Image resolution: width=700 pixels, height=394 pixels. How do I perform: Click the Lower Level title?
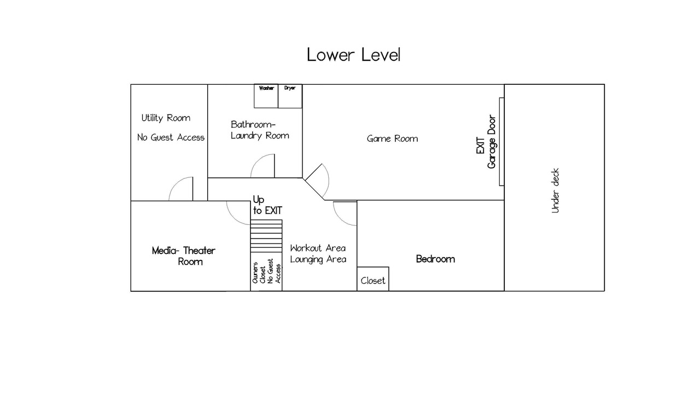click(x=353, y=55)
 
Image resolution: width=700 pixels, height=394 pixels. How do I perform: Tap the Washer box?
click(x=266, y=96)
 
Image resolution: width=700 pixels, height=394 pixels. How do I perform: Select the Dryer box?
click(x=290, y=96)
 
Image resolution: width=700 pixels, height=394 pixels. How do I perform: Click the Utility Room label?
click(x=166, y=118)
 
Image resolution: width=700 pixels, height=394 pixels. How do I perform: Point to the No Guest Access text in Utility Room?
click(x=171, y=137)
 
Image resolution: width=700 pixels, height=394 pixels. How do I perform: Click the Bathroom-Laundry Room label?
click(x=260, y=130)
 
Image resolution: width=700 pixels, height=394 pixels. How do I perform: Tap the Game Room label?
click(x=392, y=138)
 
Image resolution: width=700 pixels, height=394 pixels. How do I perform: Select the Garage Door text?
click(x=492, y=142)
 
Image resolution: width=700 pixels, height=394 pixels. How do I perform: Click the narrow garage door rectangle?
click(x=501, y=142)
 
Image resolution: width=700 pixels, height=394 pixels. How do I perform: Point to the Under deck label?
click(x=555, y=191)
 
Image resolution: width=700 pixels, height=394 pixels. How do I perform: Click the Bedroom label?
click(x=435, y=259)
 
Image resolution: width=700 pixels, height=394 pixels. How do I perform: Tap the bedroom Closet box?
click(x=373, y=279)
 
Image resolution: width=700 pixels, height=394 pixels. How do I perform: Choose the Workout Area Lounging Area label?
click(x=318, y=253)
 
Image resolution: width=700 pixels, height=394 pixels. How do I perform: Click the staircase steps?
click(x=266, y=236)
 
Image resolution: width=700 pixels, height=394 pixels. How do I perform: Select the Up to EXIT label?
click(x=267, y=205)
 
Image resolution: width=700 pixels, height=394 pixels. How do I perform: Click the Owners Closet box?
click(x=266, y=272)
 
